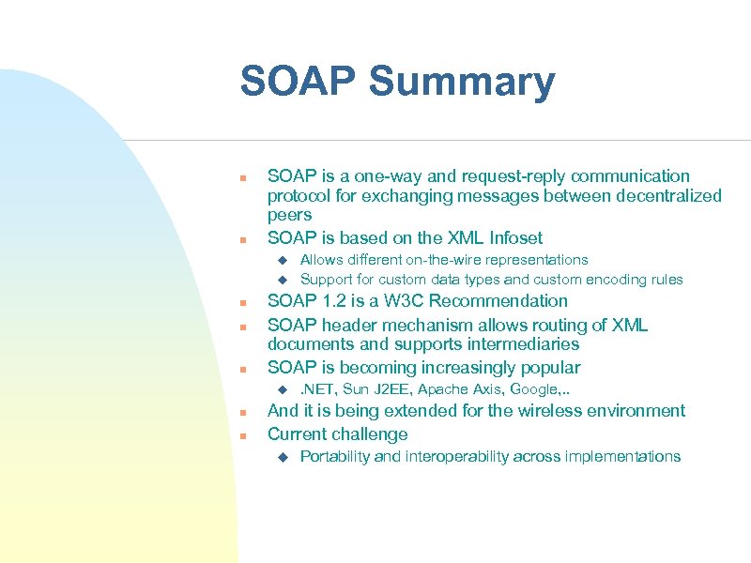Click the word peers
289,215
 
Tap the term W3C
411,301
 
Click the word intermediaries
519,344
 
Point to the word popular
548,368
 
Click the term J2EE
393,389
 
